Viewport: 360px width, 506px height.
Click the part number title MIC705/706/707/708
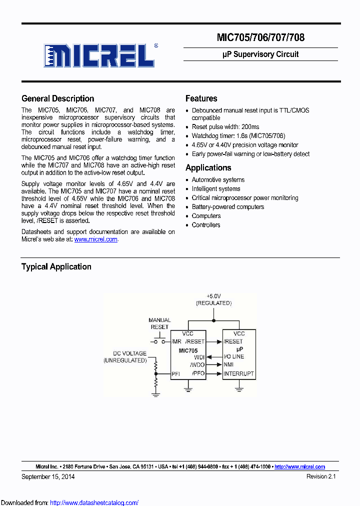[260, 37]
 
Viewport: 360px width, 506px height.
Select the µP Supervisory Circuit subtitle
[260, 54]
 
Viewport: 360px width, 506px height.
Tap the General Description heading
[57, 98]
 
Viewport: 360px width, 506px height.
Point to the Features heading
[201, 98]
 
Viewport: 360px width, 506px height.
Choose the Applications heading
[208, 167]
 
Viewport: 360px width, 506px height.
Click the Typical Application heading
[56, 266]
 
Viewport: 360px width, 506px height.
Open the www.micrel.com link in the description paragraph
[96, 239]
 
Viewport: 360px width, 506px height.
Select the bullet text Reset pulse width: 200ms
[225, 127]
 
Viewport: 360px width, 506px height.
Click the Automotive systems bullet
[218, 180]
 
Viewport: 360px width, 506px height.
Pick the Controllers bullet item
[206, 225]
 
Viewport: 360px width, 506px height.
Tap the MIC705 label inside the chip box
[188, 351]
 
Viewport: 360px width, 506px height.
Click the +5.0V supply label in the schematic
[213, 296]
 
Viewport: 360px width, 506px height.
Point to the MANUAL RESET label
[159, 323]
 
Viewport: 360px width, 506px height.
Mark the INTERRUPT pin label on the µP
[238, 373]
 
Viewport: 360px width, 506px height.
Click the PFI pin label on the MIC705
[175, 373]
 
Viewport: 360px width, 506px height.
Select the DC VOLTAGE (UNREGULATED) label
[125, 356]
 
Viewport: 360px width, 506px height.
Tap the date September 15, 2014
[48, 476]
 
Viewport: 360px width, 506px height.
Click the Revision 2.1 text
[321, 476]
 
